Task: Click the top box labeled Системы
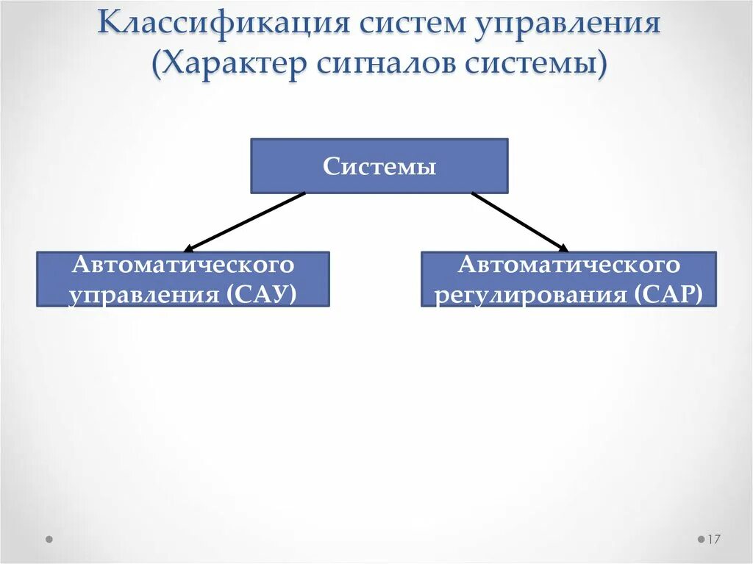click(379, 166)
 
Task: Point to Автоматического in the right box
click(568, 264)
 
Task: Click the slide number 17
click(714, 540)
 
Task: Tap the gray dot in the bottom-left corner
click(49, 539)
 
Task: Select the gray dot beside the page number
click(701, 539)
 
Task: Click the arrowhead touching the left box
click(190, 249)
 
